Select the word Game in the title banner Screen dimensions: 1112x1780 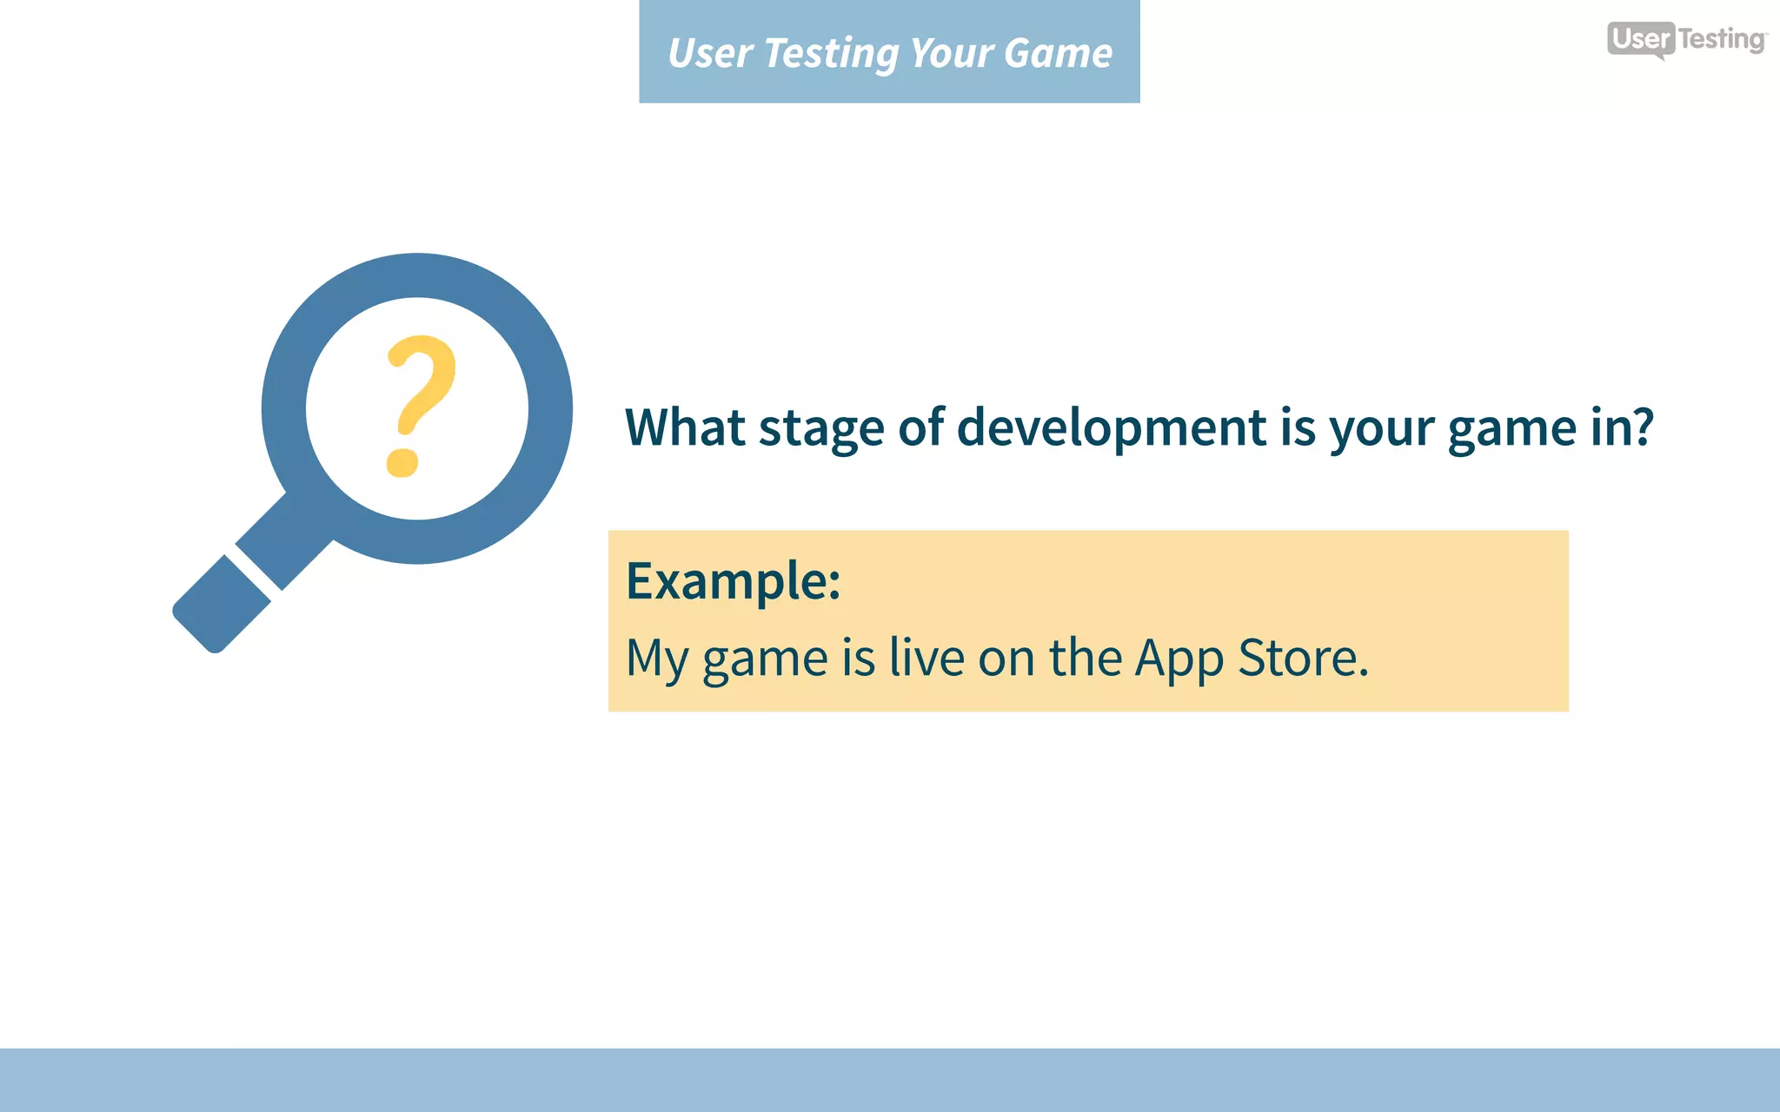point(1058,54)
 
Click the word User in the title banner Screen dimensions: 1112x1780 point(709,54)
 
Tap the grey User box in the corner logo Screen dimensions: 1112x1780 point(1640,39)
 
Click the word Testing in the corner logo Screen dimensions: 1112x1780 point(1721,40)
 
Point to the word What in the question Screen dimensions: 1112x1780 point(685,427)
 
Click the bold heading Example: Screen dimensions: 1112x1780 point(733,581)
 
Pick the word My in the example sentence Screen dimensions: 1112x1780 point(657,659)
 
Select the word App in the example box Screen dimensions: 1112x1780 point(1179,659)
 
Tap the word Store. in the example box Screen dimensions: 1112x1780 point(1303,658)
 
